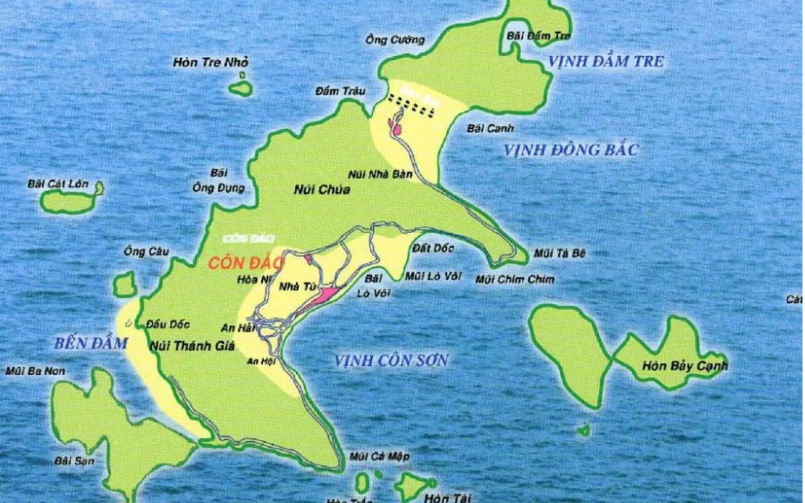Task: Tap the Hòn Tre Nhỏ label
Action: tap(211, 62)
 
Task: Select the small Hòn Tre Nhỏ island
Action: tap(240, 89)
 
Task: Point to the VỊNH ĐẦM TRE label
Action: tap(606, 62)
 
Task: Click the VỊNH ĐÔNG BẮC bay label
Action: tap(571, 150)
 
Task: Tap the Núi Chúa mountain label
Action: tap(321, 189)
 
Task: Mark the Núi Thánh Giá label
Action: tap(183, 345)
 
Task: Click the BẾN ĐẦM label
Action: tap(91, 344)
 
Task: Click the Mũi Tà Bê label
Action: tap(560, 253)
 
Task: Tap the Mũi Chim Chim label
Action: tap(515, 280)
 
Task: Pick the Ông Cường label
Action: tap(395, 40)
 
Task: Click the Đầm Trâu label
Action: tap(340, 92)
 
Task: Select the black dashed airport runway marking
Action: tap(411, 105)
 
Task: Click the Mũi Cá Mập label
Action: tap(379, 456)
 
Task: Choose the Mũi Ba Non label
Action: tap(35, 371)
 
